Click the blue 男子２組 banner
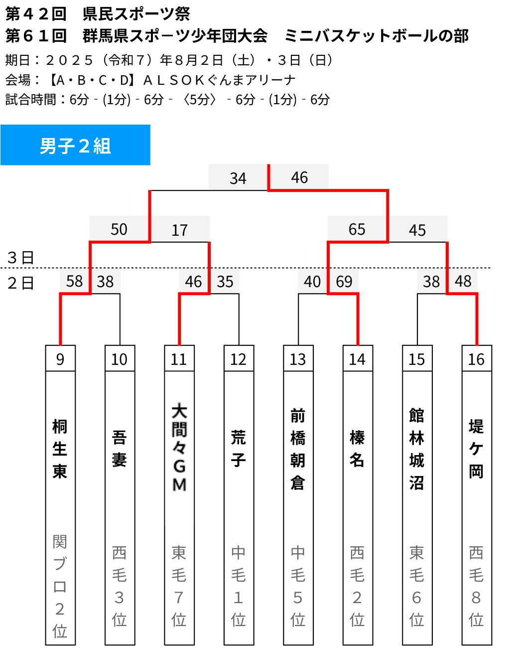point(75,145)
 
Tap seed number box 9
point(60,358)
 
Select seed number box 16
point(477,358)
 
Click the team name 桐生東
point(60,449)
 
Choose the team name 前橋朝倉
point(298,449)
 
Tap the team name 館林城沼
point(417,449)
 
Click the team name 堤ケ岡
point(476,449)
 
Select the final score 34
point(238,178)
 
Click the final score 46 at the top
point(299,177)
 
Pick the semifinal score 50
point(119,229)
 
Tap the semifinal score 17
point(180,230)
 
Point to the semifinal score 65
point(357,229)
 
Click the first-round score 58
point(74,282)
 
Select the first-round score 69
point(344,282)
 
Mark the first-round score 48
point(463,282)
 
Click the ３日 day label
point(20,258)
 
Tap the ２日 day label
point(20,283)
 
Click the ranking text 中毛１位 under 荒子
point(238,586)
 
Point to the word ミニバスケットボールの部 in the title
point(377,36)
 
